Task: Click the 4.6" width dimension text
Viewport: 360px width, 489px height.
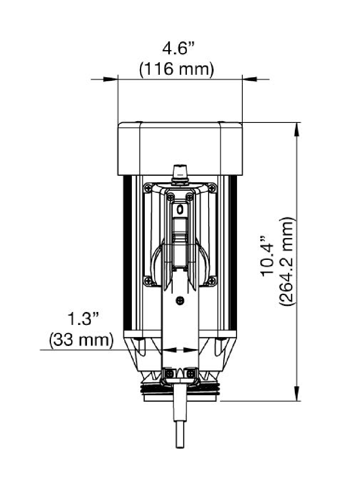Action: click(178, 50)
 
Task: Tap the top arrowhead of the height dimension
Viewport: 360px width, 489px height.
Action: click(297, 129)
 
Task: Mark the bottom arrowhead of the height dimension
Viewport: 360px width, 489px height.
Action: click(297, 394)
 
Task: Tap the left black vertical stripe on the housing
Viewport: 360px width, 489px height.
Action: click(127, 255)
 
